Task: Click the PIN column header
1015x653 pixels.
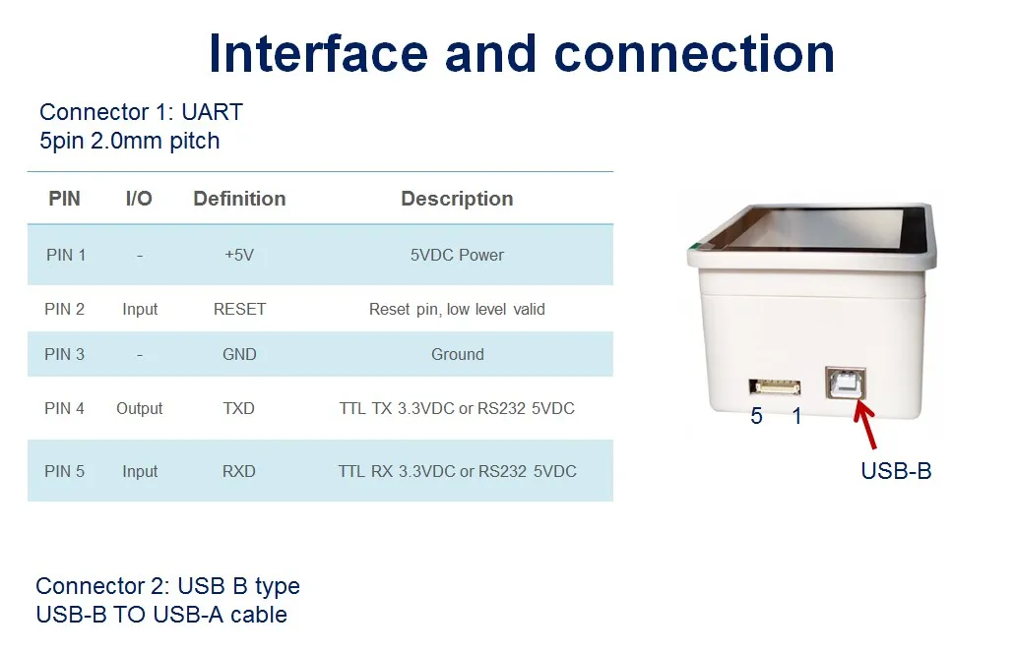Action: pyautogui.click(x=64, y=199)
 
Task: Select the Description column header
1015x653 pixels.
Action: pyautogui.click(x=457, y=199)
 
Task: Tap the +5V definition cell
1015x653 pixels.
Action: pyautogui.click(x=239, y=255)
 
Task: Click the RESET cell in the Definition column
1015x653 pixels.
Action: pyautogui.click(x=239, y=309)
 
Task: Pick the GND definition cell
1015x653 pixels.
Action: pyautogui.click(x=239, y=354)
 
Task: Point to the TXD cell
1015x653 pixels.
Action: pyautogui.click(x=239, y=408)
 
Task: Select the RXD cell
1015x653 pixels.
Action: pyautogui.click(x=239, y=471)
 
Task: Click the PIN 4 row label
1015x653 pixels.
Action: pyautogui.click(x=64, y=408)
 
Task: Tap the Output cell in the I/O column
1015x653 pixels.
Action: pyautogui.click(x=139, y=408)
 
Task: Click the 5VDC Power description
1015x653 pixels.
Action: pyautogui.click(x=457, y=255)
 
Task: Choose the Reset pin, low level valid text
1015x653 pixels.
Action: pyautogui.click(x=457, y=309)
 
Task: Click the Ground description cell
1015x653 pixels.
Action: pyautogui.click(x=457, y=354)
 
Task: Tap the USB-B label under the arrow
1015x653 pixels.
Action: pyautogui.click(x=896, y=471)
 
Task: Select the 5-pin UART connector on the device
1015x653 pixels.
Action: pyautogui.click(x=774, y=386)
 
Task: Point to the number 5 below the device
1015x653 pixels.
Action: pyautogui.click(x=756, y=417)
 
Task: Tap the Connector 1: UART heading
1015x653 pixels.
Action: pyautogui.click(x=141, y=112)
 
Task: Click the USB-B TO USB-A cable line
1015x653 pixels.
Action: pyautogui.click(x=161, y=615)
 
